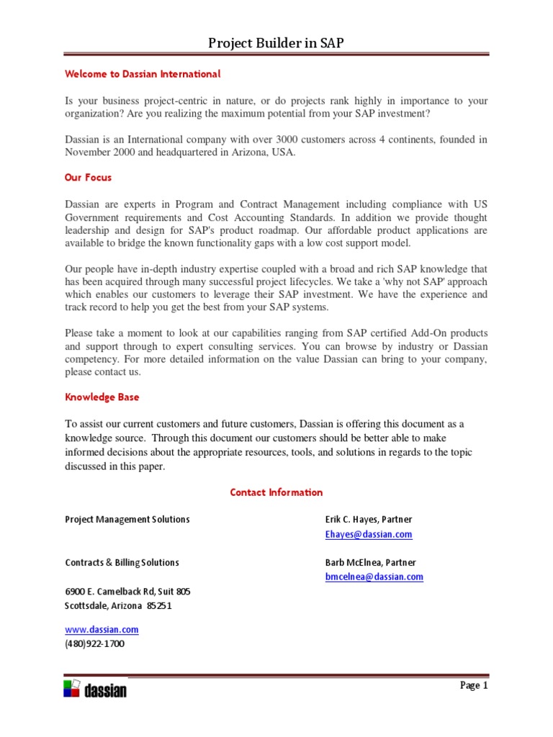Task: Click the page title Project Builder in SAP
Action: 276,43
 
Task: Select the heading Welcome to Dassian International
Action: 143,74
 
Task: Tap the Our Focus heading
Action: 88,177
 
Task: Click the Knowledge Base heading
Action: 102,397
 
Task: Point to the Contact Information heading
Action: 276,492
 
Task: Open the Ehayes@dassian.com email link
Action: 369,534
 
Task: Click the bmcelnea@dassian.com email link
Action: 374,577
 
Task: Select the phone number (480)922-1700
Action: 94,644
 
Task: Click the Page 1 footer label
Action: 474,686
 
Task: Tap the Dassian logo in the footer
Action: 95,689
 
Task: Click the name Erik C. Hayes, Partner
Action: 369,520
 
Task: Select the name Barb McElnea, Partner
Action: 370,563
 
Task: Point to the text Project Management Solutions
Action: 127,520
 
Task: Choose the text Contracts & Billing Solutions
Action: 122,563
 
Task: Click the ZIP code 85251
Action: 159,606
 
